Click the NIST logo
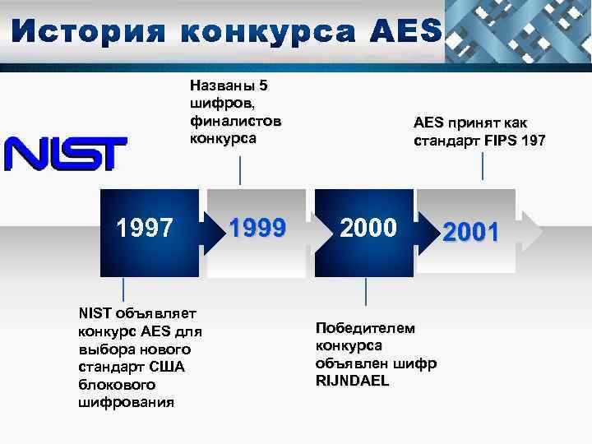click(66, 154)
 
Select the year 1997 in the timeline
click(146, 228)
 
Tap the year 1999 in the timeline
click(257, 228)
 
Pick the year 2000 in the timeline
click(368, 228)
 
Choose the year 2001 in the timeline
click(471, 233)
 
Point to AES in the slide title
click(406, 32)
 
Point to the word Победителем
click(365, 328)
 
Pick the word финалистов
click(235, 121)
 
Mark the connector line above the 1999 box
click(240, 170)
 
